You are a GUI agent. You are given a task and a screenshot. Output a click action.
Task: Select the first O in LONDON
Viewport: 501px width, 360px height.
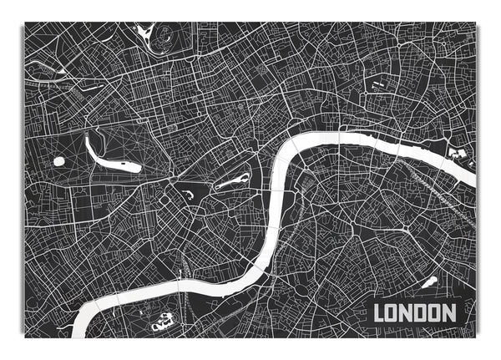pos(392,314)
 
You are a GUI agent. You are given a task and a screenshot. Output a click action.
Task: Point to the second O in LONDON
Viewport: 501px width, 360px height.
pos(433,314)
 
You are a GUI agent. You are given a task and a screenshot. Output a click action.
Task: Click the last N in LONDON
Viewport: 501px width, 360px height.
pos(448,314)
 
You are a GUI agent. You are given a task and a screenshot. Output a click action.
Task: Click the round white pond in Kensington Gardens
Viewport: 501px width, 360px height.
pos(59,161)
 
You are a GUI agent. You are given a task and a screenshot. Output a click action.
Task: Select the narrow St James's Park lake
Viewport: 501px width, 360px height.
pos(233,181)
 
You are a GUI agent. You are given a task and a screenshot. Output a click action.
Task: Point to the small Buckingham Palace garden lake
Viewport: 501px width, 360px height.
pos(190,195)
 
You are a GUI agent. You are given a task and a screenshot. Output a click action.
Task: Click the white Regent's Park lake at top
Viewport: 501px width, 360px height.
pos(145,31)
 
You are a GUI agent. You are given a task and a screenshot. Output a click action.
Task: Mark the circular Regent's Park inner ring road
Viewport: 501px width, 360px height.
pos(164,38)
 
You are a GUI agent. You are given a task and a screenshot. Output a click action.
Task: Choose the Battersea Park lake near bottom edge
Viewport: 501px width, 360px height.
pos(162,319)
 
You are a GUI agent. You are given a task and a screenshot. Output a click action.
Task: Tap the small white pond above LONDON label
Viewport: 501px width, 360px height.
pos(430,282)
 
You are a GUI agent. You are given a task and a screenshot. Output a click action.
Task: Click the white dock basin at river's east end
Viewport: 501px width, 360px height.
pos(456,154)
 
